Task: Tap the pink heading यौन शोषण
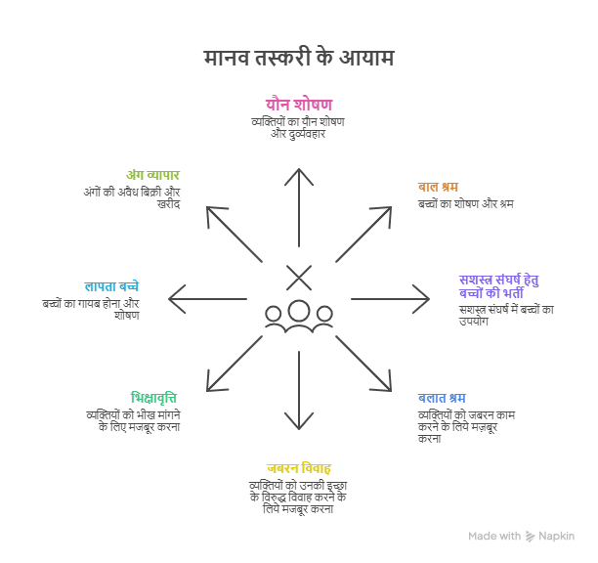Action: click(x=298, y=104)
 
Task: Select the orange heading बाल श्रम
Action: click(x=438, y=187)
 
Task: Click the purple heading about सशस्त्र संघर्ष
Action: click(x=498, y=285)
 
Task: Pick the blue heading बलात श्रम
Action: click(x=442, y=398)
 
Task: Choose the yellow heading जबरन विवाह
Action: click(x=298, y=467)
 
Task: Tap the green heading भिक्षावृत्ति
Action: click(x=154, y=398)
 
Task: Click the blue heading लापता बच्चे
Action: click(x=111, y=286)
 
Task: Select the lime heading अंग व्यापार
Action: click(x=153, y=175)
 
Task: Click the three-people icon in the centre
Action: click(x=298, y=316)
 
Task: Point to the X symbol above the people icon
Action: click(x=298, y=278)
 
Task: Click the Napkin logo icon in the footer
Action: click(x=531, y=536)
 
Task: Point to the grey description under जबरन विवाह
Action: click(x=298, y=498)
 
